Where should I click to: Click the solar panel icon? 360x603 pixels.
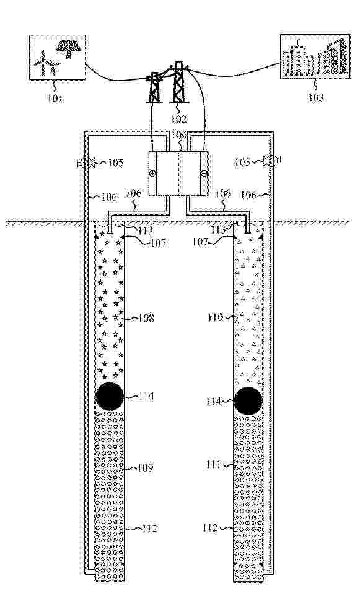click(x=68, y=49)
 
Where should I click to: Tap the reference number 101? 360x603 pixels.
click(x=56, y=99)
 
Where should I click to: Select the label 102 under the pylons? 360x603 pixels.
click(x=179, y=119)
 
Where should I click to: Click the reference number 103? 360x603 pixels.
click(x=316, y=97)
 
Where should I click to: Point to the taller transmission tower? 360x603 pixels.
click(x=179, y=82)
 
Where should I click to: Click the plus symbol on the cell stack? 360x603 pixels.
click(x=152, y=174)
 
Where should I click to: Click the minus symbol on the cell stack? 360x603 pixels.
click(x=204, y=174)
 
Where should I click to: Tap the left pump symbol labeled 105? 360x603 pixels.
click(x=85, y=162)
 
